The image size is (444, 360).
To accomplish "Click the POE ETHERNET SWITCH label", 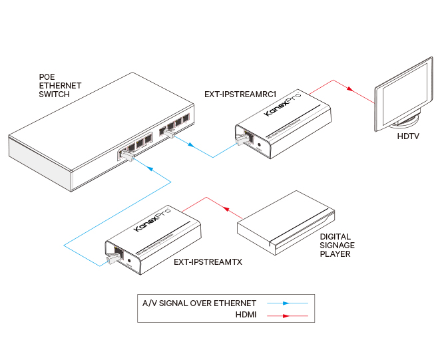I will point(60,86).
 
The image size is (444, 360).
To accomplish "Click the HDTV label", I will point(409,137).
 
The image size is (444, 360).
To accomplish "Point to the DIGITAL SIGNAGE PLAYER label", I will point(337,245).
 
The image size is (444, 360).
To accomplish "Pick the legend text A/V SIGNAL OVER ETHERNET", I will point(199,303).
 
